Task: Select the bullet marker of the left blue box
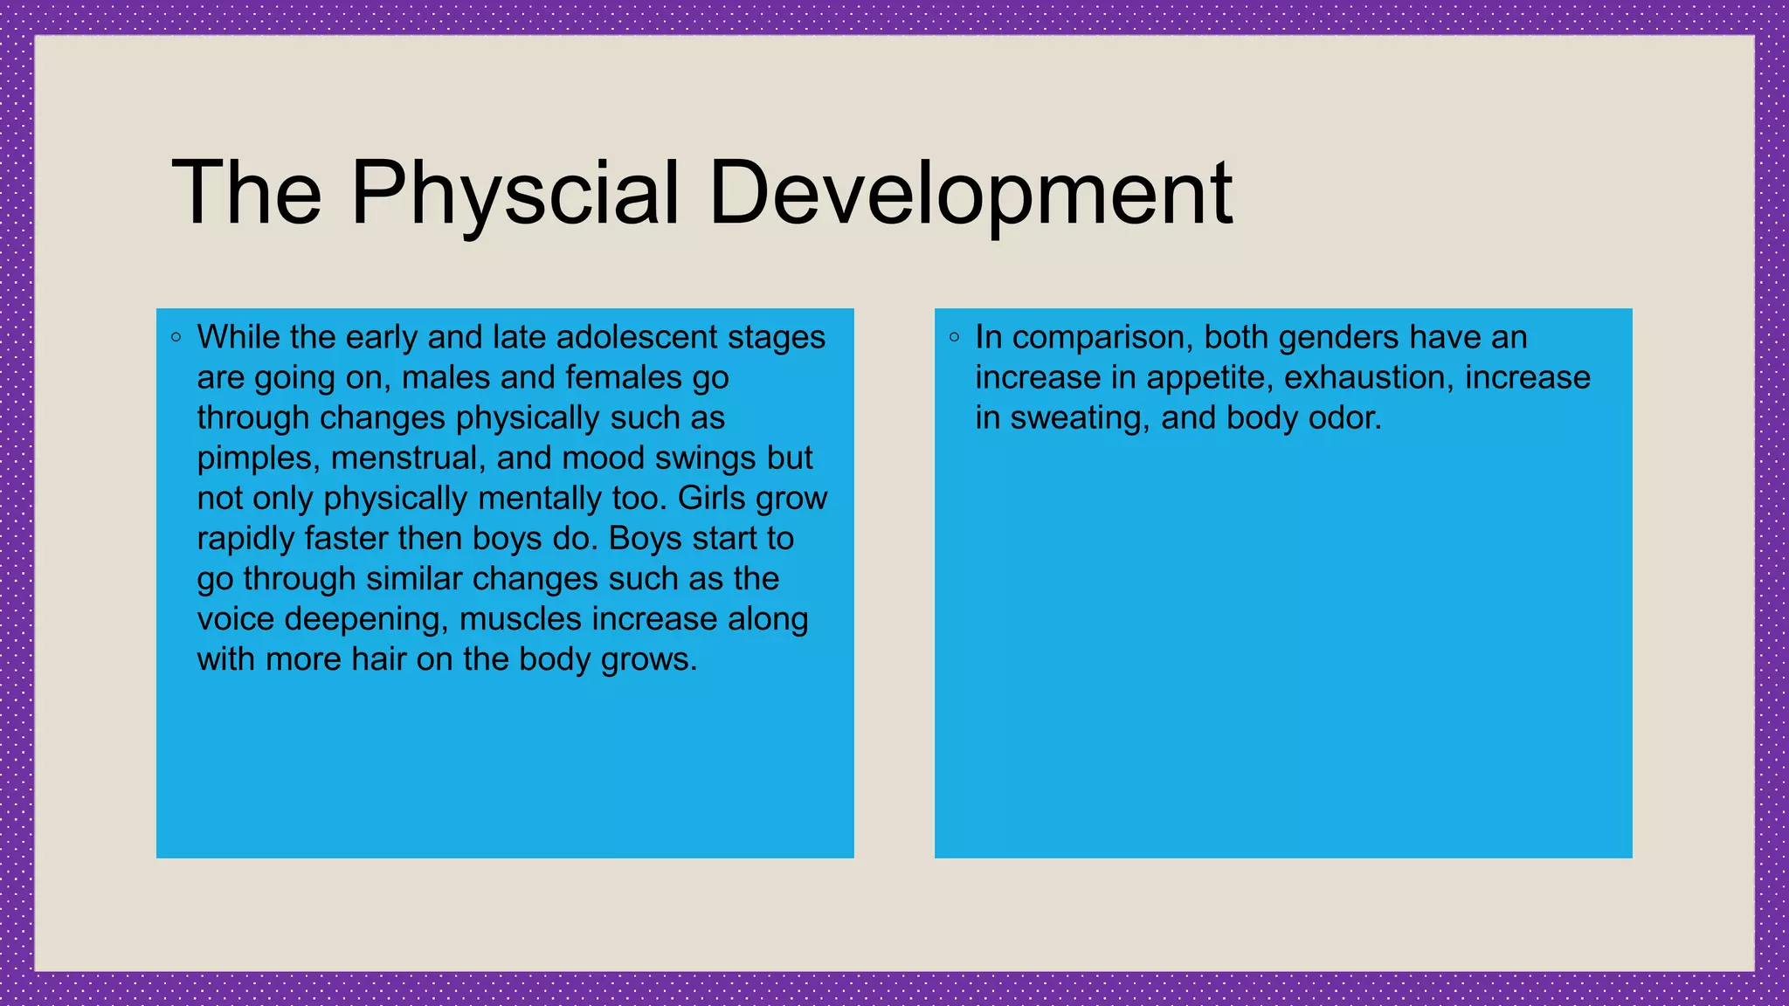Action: (x=176, y=337)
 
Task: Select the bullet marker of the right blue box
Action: (x=955, y=337)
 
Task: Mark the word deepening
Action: (x=366, y=619)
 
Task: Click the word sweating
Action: (x=1080, y=418)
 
